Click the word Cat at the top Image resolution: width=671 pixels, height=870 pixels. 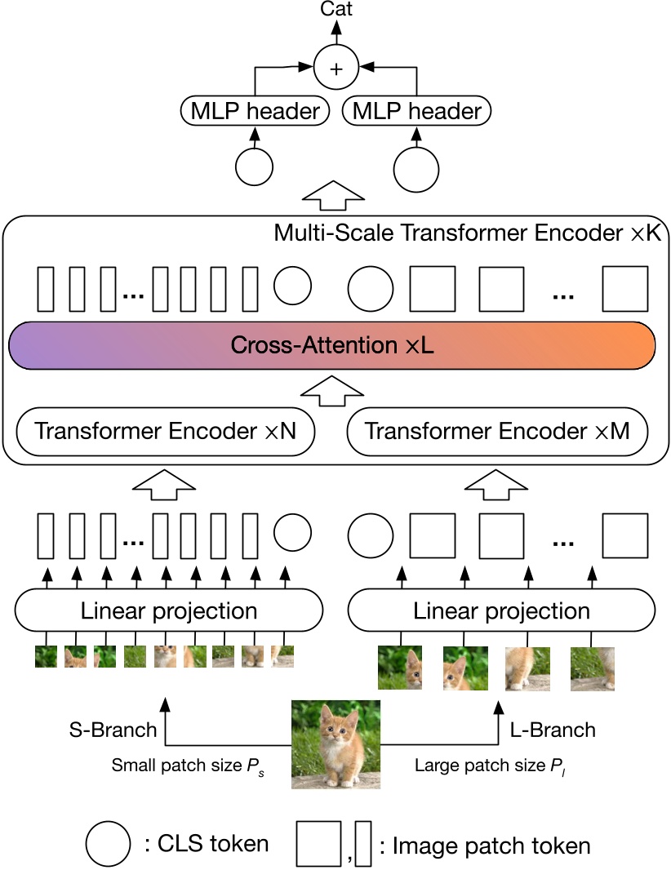335,10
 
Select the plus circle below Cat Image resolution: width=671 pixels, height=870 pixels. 335,69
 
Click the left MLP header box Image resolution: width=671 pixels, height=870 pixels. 254,111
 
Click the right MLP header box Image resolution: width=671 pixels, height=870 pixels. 416,111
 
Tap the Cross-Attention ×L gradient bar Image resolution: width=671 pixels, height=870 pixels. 331,344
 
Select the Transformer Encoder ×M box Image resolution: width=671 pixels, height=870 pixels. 497,431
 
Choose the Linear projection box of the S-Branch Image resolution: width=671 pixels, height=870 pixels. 169,610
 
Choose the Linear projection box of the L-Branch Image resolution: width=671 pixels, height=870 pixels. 501,610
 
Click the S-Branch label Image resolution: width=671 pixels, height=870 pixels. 113,730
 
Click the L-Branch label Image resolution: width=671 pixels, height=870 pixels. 553,730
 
